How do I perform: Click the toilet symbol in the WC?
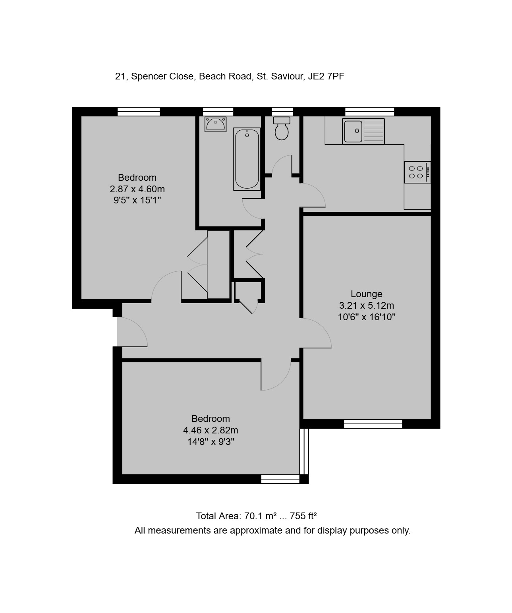pos(282,128)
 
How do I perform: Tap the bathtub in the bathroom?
pos(247,159)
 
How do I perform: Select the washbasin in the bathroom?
pos(216,124)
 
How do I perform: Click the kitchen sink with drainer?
pos(363,131)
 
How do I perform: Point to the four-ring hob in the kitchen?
pos(417,172)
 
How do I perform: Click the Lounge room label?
pos(366,294)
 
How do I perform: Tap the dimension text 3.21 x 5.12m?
pos(366,306)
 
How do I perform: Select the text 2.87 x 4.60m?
pos(137,189)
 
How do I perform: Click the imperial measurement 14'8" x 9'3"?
pos(211,442)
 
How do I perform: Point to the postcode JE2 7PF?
pos(326,76)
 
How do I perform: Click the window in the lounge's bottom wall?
pos(373,424)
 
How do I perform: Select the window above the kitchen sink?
pos(370,112)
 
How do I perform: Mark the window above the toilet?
pos(282,112)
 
